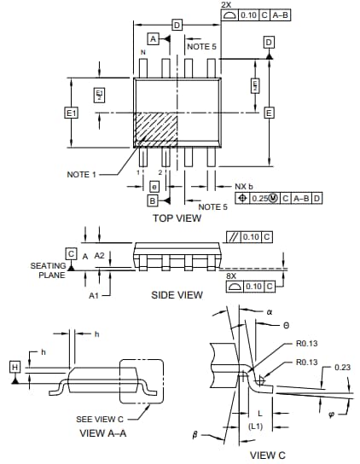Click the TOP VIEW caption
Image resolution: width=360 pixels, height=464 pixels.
(x=177, y=218)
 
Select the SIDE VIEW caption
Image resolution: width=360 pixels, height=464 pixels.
(x=177, y=295)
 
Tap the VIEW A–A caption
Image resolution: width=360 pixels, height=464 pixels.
(x=104, y=433)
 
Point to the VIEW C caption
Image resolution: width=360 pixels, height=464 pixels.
(x=268, y=455)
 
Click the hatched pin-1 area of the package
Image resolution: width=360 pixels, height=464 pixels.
(x=155, y=128)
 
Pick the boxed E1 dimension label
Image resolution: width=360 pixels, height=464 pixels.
(x=71, y=113)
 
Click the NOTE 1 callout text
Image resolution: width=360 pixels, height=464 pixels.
(x=83, y=175)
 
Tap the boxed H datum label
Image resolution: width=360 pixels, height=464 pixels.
(x=15, y=367)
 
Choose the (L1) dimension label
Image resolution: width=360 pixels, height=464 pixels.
(x=255, y=426)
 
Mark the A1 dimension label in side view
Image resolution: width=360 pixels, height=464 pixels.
(x=94, y=295)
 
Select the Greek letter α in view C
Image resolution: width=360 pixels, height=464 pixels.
(x=268, y=312)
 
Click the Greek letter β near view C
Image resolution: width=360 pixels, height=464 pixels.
(x=195, y=436)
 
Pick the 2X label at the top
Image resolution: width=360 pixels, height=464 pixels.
(x=225, y=5)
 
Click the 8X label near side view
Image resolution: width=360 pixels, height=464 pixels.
(x=230, y=275)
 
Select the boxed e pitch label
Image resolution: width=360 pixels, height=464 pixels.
(x=154, y=186)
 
